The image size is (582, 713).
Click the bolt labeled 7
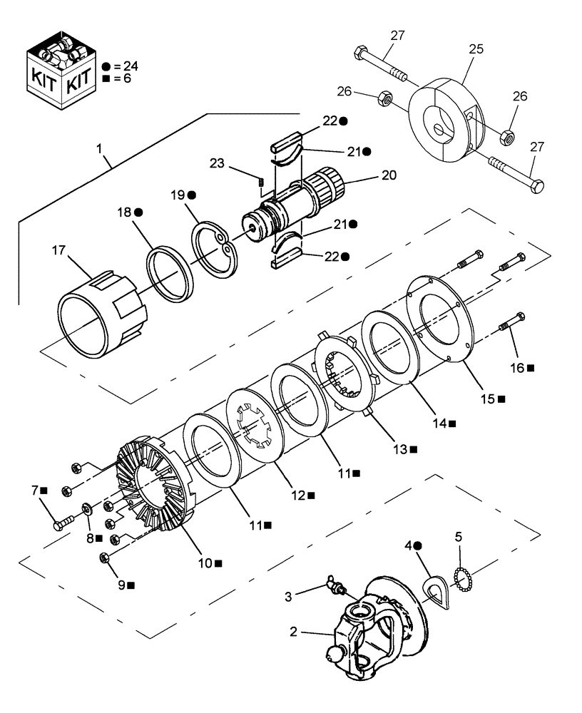click(x=59, y=523)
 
